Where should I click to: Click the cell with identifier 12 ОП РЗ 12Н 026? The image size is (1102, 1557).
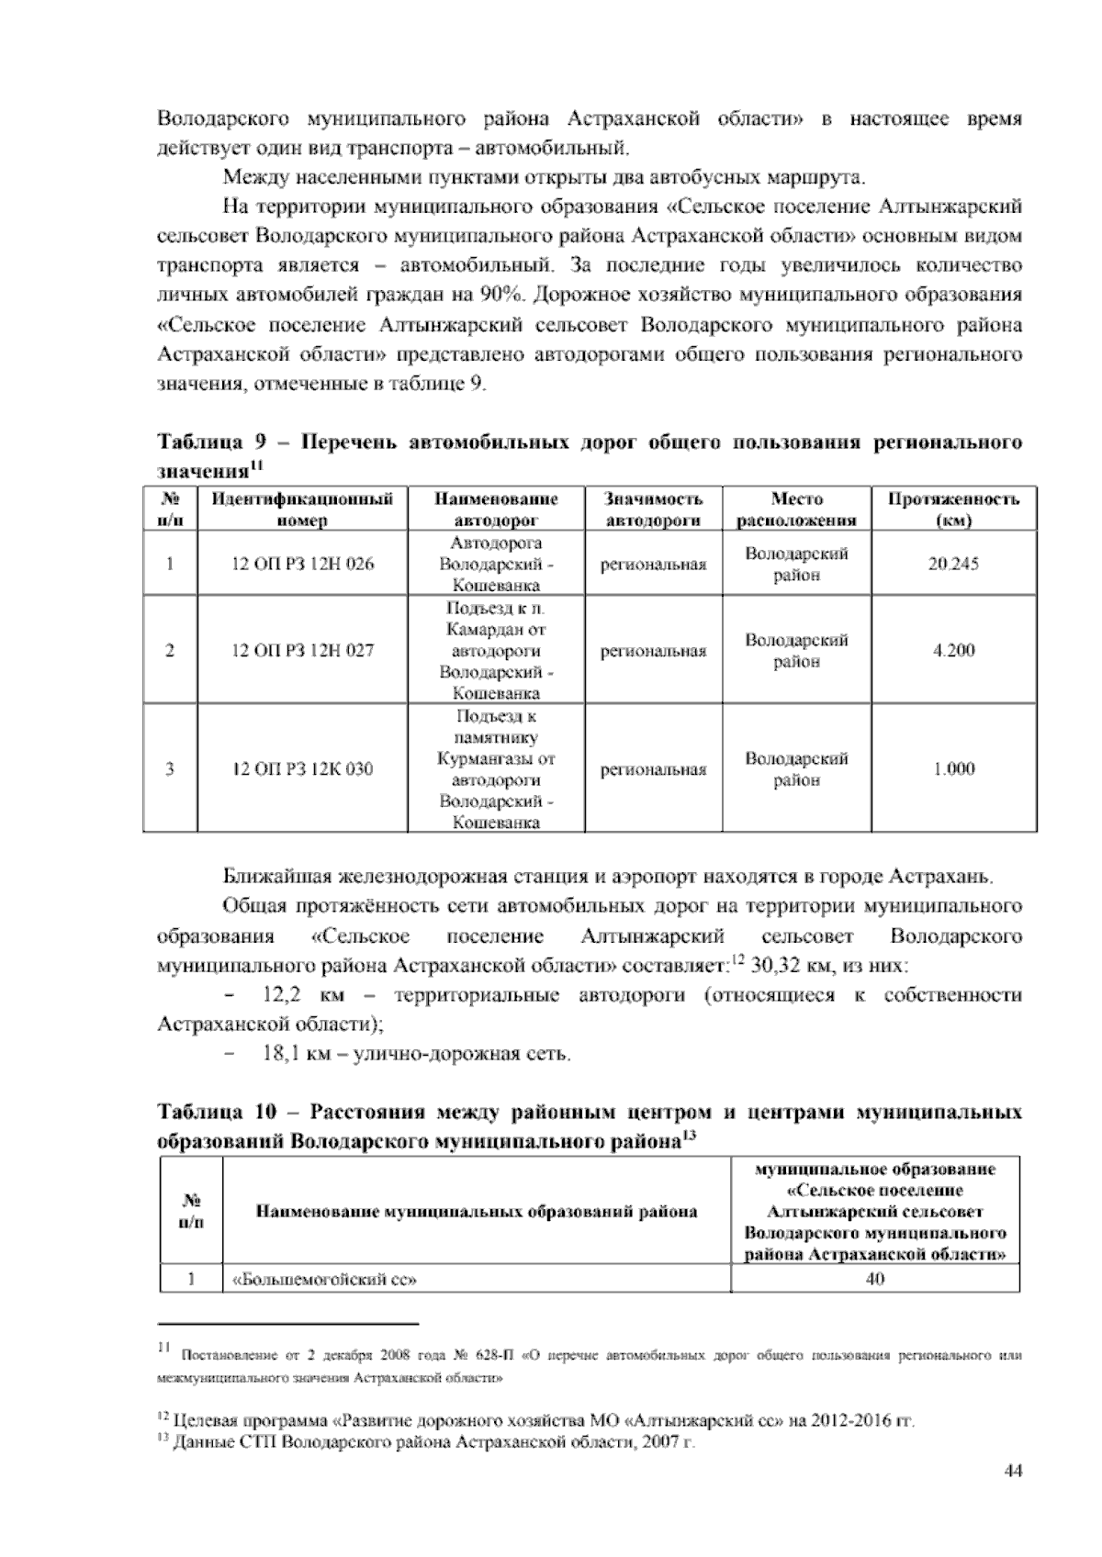pos(302,564)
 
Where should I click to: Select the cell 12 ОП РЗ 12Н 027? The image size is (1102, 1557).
pos(302,651)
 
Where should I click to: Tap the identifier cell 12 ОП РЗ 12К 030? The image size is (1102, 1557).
pos(302,769)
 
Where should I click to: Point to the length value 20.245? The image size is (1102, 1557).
pos(953,564)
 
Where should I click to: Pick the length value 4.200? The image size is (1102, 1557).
pos(953,651)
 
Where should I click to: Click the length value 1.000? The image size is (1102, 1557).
pos(953,769)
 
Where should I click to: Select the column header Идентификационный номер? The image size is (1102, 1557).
pos(302,510)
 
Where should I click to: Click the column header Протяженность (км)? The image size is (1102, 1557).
pos(953,510)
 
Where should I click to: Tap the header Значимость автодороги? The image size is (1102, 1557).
pos(653,510)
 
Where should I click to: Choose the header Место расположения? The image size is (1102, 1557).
pos(796,510)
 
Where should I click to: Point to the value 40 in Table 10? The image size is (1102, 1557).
pos(875,1278)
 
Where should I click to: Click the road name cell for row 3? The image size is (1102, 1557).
pos(496,769)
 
